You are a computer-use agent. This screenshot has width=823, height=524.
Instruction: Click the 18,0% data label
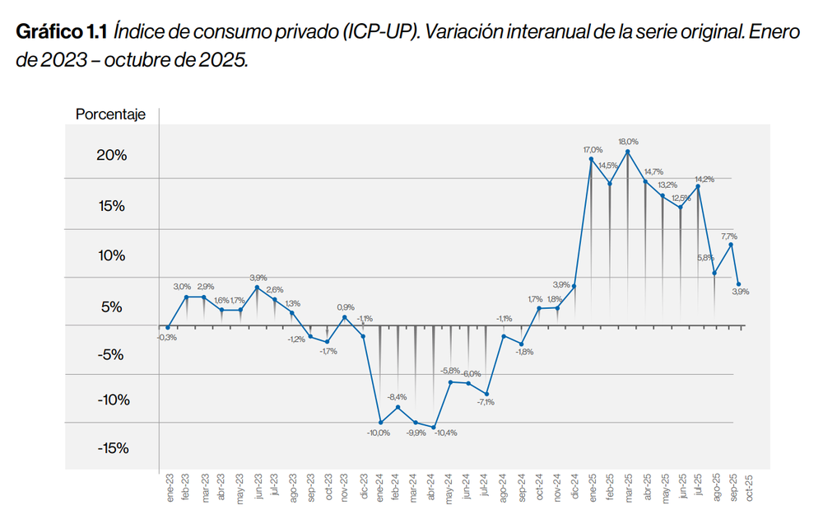628,141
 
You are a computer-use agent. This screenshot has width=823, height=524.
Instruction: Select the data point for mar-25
628,152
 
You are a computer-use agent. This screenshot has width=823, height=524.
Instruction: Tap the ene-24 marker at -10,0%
380,423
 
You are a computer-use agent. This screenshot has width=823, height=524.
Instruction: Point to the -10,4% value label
444,433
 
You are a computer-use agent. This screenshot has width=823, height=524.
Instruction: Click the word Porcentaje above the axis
110,115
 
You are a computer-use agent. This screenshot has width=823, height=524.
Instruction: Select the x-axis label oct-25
751,487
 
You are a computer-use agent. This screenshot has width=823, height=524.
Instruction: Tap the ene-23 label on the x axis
170,487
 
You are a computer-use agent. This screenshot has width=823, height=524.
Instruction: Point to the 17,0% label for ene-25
593,149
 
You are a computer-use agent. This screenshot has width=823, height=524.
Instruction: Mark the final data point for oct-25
738,284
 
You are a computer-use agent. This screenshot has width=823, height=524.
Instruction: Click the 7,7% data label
729,236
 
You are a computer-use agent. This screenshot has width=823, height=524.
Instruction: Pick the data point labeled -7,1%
486,394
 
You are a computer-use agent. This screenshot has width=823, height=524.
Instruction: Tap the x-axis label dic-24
574,487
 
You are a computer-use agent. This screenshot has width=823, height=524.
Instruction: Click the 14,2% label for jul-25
704,179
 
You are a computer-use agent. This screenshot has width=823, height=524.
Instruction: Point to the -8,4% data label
398,397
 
